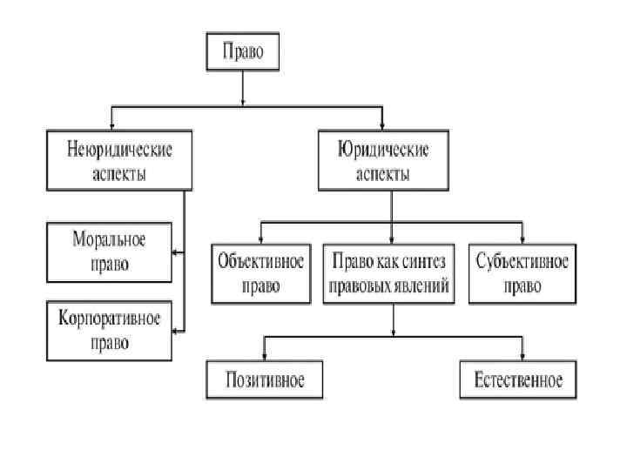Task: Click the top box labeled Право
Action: (243, 53)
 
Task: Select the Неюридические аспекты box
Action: (119, 160)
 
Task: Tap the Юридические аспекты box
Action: (382, 160)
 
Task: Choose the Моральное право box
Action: (109, 251)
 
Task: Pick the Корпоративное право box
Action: (109, 330)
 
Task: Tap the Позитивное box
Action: (260, 380)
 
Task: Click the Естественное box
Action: (519, 380)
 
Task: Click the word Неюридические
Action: (119, 149)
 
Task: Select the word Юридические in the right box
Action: (382, 149)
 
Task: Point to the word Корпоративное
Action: (109, 318)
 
